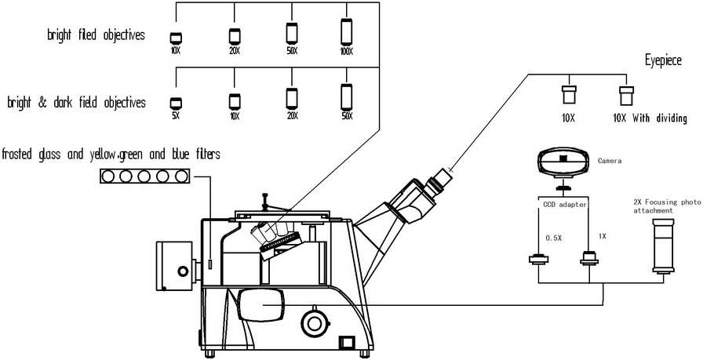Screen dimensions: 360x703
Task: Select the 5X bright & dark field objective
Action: tap(176, 103)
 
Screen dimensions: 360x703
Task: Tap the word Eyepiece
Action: tap(663, 60)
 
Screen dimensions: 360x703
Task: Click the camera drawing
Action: tap(563, 162)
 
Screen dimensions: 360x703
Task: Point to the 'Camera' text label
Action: tap(609, 161)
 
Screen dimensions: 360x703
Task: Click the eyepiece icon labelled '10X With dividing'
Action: tap(625, 95)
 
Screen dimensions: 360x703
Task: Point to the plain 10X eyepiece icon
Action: tap(570, 95)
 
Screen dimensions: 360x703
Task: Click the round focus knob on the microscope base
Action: tap(314, 322)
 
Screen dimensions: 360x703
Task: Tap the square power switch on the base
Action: tap(345, 342)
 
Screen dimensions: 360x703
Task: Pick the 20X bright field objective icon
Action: tap(234, 35)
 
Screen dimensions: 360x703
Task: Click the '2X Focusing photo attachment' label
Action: tap(664, 206)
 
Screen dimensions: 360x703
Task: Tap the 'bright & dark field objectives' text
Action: tap(76, 102)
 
